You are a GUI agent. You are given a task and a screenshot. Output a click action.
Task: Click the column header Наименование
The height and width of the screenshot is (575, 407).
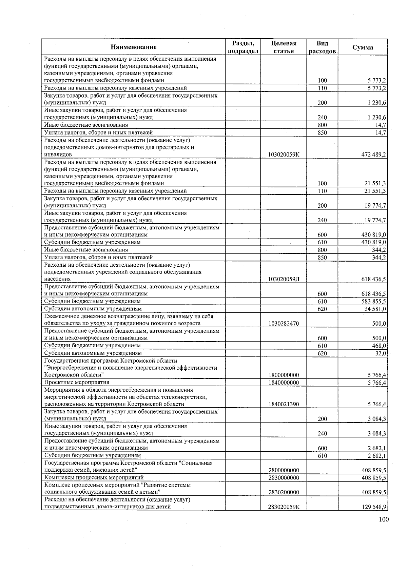pos(134,47)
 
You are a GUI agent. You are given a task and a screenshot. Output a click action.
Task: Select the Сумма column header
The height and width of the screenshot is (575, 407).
pos(363,47)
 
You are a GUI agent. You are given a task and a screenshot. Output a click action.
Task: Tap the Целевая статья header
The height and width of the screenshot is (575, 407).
pos(284,47)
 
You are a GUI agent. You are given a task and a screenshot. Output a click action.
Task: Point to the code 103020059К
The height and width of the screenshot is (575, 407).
pos(284,155)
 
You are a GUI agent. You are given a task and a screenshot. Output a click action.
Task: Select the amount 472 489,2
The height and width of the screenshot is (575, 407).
pos(374,155)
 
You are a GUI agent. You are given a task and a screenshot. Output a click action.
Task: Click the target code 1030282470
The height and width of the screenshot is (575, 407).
pos(284,324)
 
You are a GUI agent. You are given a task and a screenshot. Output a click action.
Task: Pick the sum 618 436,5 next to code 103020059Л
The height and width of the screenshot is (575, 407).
pos(374,279)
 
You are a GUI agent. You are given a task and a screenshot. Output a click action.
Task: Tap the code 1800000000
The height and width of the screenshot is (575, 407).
pos(284,375)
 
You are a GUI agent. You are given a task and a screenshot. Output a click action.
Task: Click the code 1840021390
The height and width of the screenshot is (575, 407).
pos(284,404)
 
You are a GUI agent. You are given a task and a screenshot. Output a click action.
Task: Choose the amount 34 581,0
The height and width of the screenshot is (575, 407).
pos(375,309)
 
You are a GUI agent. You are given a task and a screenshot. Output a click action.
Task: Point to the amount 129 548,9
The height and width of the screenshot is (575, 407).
pos(374,507)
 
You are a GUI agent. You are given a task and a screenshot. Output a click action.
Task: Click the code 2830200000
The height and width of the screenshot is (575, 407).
pos(284,492)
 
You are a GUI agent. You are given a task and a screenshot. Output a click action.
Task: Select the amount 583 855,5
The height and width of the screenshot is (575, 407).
pos(374,301)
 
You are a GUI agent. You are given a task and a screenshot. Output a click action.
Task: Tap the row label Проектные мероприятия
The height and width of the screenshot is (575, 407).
pos(77,383)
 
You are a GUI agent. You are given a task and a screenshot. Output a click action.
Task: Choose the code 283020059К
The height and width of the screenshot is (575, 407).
pos(284,507)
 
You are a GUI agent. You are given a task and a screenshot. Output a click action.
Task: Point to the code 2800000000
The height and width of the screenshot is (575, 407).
pos(284,470)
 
